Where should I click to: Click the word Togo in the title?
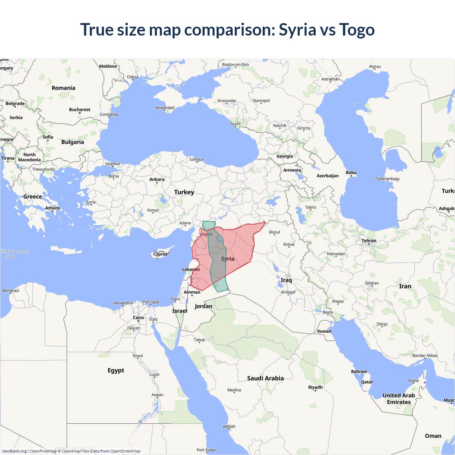click(x=357, y=30)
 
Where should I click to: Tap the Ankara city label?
click(x=157, y=179)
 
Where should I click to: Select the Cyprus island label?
click(x=160, y=254)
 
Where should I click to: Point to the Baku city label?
click(x=351, y=172)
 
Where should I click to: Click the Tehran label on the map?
click(x=369, y=241)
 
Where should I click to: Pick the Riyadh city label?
click(x=315, y=387)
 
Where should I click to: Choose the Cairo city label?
click(x=138, y=317)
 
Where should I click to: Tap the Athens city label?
click(x=53, y=208)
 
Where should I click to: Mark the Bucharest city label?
click(x=80, y=109)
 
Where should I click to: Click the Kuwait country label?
click(x=324, y=331)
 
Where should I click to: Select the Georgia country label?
click(x=285, y=156)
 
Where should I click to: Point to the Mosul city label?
click(x=274, y=232)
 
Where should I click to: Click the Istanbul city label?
click(x=112, y=164)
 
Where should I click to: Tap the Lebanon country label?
click(x=191, y=269)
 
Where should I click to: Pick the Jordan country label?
click(x=203, y=306)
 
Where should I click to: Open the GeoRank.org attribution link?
click(x=14, y=451)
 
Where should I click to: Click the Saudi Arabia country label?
click(x=265, y=378)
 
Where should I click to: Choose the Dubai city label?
click(x=413, y=380)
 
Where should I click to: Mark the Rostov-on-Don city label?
click(x=235, y=65)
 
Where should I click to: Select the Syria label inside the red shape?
click(x=227, y=259)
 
